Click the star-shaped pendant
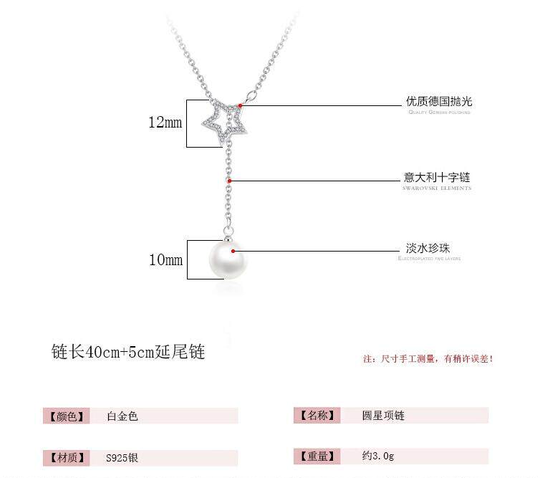226,120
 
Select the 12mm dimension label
165,123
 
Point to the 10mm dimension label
165,259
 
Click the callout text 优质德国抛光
439,101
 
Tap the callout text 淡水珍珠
428,248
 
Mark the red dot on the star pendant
241,106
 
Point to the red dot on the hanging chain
230,181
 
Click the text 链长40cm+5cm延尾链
128,353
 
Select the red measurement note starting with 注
428,358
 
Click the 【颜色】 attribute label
67,416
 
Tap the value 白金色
122,416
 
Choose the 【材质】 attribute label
67,457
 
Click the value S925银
122,457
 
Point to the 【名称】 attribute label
314,415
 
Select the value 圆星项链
384,415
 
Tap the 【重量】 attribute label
314,456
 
